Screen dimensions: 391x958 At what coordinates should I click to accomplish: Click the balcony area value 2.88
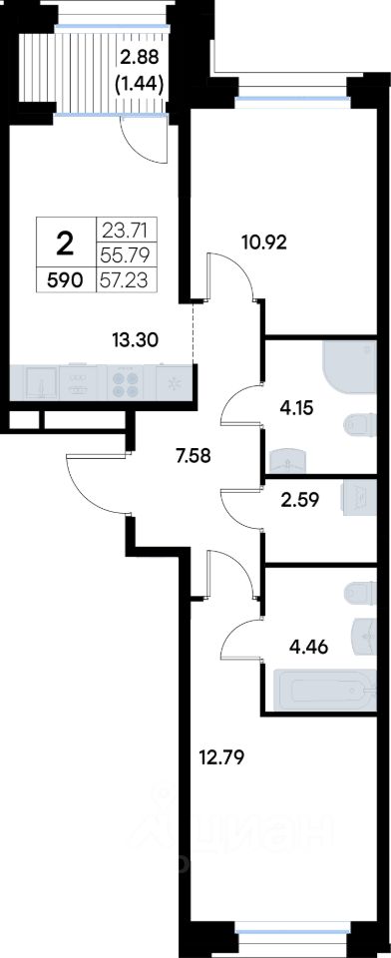(x=141, y=60)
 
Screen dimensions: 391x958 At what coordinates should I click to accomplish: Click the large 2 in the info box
(x=65, y=244)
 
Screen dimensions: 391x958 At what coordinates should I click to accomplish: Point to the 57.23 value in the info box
(x=126, y=280)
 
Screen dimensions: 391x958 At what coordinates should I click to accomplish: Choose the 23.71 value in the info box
(x=126, y=231)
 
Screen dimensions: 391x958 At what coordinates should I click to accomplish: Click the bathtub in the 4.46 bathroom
(x=324, y=691)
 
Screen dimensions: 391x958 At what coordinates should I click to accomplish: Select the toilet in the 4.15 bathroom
(x=360, y=423)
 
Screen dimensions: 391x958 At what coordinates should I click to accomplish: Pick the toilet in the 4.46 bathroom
(x=360, y=592)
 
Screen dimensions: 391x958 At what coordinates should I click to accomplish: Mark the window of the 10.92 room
(x=292, y=98)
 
